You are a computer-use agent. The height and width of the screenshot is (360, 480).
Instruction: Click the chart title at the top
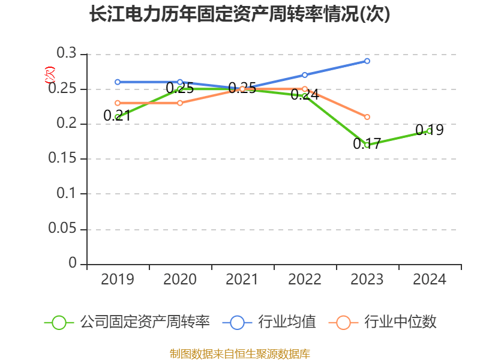coord(239,14)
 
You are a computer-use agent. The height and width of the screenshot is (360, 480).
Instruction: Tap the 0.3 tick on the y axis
coord(67,54)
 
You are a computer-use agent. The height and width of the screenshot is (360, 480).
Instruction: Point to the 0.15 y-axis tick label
coord(62,159)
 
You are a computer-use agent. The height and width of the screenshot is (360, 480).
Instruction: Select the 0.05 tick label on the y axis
coord(62,229)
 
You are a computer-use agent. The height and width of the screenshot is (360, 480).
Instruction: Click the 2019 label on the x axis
coord(117,280)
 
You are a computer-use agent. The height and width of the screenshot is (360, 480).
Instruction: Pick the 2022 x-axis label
coord(305,280)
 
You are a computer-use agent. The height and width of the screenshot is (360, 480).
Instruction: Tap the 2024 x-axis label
coord(430,280)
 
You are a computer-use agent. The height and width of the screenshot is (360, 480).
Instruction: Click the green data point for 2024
coord(430,130)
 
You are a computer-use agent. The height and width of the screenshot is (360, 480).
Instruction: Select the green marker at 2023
coord(367,145)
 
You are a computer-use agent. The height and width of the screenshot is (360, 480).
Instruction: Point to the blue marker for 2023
coord(367,61)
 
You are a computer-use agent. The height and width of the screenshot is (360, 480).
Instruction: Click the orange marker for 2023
coord(367,117)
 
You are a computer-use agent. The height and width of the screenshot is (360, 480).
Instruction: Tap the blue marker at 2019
coord(118,82)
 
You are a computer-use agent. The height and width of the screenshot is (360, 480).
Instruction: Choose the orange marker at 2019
coord(118,103)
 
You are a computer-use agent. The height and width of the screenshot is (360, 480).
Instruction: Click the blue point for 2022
coord(305,75)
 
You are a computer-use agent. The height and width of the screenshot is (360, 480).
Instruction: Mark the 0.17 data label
coord(367,144)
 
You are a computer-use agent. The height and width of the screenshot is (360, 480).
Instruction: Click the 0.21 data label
coord(117,116)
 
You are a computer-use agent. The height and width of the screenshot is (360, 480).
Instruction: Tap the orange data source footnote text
coord(240,353)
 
